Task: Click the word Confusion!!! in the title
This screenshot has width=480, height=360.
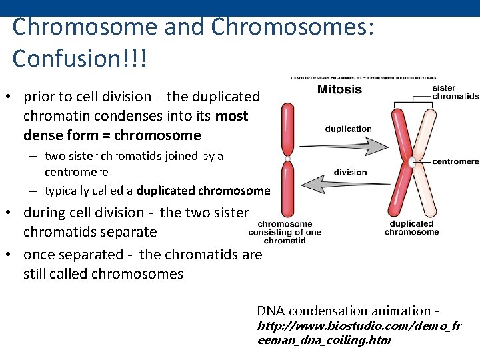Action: pos(79,59)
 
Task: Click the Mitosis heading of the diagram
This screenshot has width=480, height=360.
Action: pos(339,89)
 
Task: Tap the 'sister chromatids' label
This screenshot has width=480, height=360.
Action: pos(455,92)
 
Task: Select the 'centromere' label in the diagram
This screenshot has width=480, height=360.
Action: pos(455,161)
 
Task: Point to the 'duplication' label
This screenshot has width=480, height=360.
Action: pos(348,129)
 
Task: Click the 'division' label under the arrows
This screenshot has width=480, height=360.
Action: pos(350,172)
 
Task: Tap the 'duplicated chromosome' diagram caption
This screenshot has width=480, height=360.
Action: pos(411,228)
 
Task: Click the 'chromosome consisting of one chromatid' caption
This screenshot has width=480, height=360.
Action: pos(285,233)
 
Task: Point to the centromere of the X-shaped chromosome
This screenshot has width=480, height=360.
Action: pos(412,161)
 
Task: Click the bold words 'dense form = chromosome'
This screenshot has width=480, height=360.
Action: pos(112,135)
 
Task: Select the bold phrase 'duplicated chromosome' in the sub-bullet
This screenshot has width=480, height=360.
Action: pos(203,191)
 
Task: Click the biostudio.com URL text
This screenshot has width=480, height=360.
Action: pos(358,333)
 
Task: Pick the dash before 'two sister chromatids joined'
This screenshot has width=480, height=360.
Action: pos(32,157)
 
